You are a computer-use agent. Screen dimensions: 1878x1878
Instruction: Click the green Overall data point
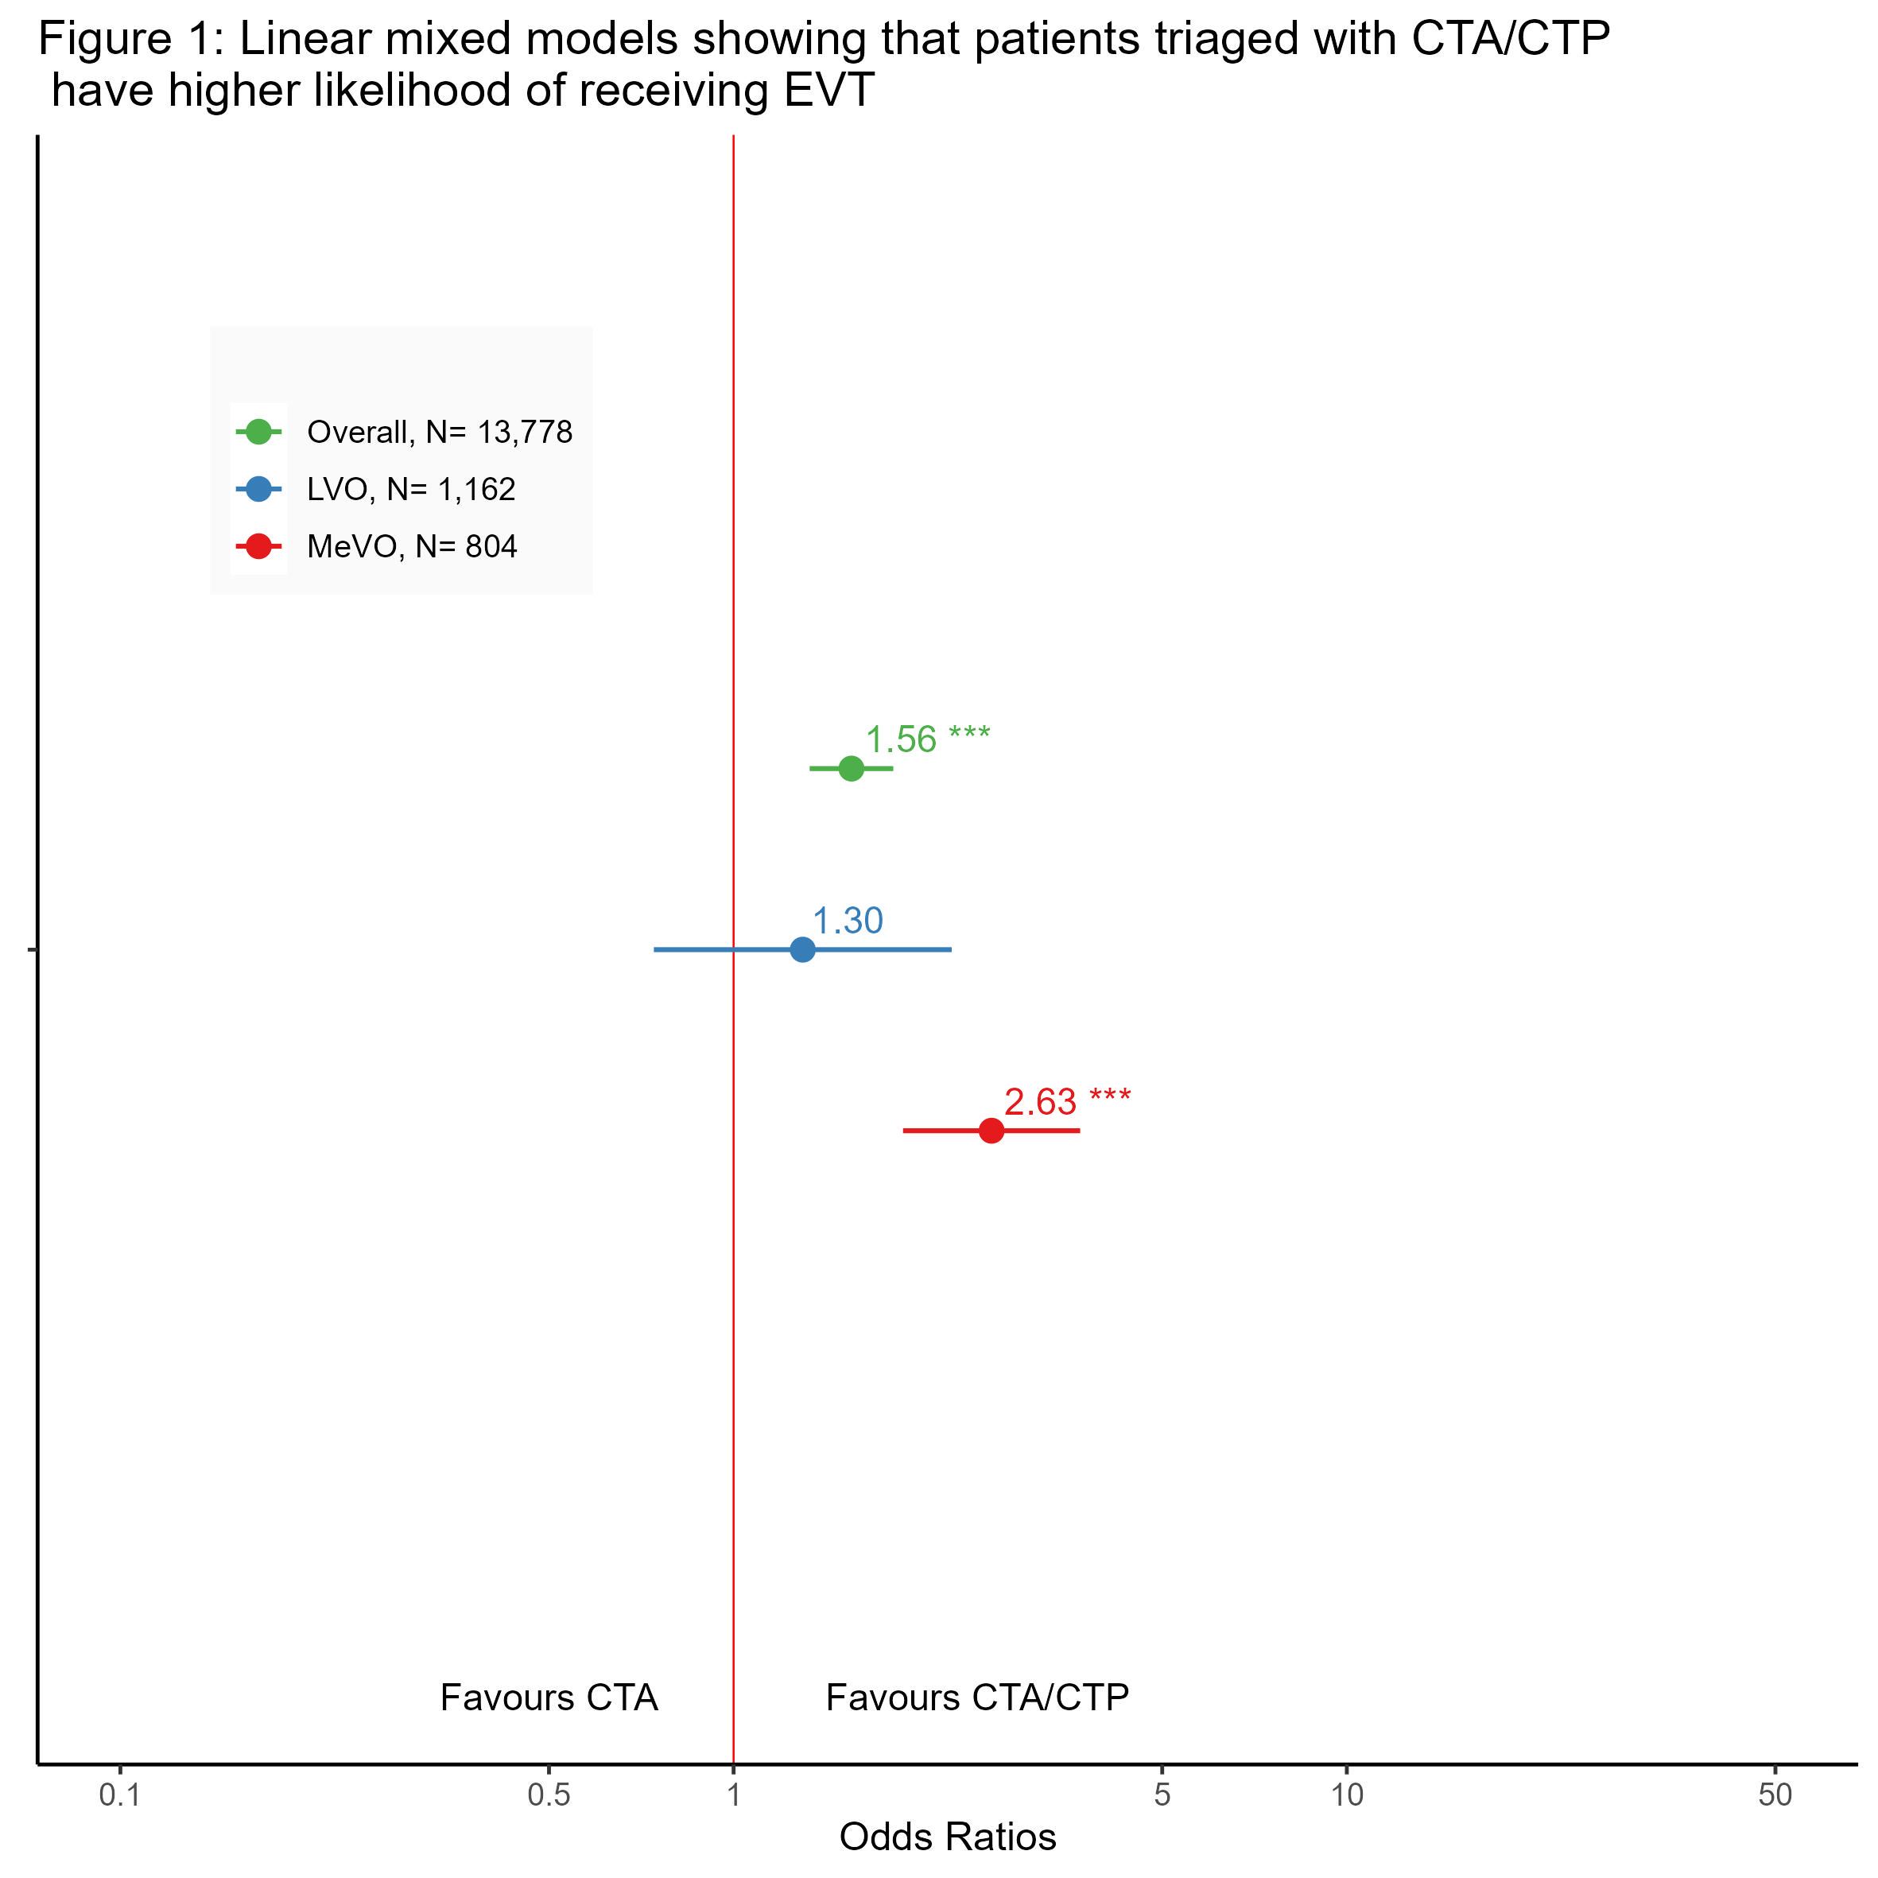pyautogui.click(x=851, y=769)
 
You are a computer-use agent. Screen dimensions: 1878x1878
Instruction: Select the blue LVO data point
pyautogui.click(x=802, y=949)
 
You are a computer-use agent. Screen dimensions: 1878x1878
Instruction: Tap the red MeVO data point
pyautogui.click(x=991, y=1131)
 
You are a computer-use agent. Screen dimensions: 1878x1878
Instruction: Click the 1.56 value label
pyautogui.click(x=901, y=739)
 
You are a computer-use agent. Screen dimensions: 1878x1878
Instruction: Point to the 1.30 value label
pyautogui.click(x=848, y=921)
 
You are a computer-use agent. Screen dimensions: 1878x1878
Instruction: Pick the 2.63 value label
pyautogui.click(x=1040, y=1102)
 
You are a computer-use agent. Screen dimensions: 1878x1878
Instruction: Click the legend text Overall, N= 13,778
pyautogui.click(x=440, y=432)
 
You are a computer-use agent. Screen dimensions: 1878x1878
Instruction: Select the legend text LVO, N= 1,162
pyautogui.click(x=411, y=489)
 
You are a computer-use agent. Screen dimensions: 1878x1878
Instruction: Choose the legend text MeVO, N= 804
pyautogui.click(x=412, y=546)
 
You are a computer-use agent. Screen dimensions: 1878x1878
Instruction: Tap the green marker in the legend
pyautogui.click(x=258, y=432)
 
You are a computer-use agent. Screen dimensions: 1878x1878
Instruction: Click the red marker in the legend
pyautogui.click(x=258, y=546)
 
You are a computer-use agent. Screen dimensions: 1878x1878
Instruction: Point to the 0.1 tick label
pyautogui.click(x=119, y=1795)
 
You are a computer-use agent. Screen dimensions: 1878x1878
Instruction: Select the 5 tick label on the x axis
pyautogui.click(x=1162, y=1795)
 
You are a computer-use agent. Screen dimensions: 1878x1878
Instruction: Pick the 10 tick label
pyautogui.click(x=1347, y=1795)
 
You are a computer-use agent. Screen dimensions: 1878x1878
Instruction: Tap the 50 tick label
pyautogui.click(x=1775, y=1795)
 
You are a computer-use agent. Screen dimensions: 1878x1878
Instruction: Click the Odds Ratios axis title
pyautogui.click(x=948, y=1837)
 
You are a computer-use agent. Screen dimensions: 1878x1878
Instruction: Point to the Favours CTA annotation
pyautogui.click(x=549, y=1698)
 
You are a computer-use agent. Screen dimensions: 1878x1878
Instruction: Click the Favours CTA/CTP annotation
pyautogui.click(x=977, y=1698)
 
